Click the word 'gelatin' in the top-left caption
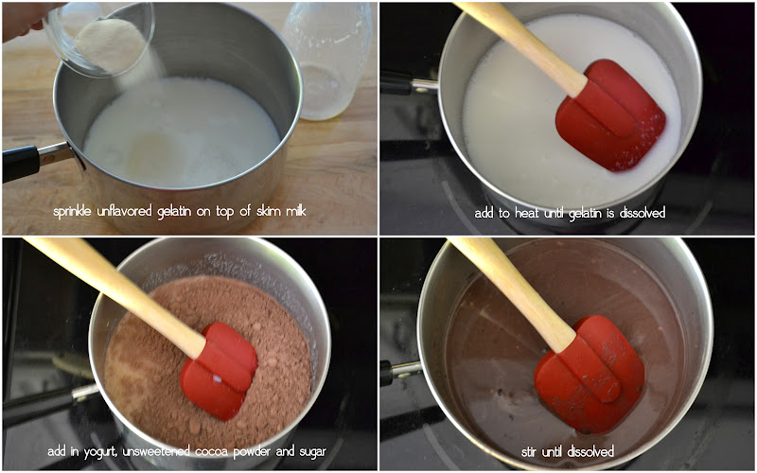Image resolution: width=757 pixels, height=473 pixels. pyautogui.click(x=175, y=212)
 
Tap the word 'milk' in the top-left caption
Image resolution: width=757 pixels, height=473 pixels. pyautogui.click(x=295, y=211)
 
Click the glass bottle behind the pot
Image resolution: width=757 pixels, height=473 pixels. pyautogui.click(x=328, y=61)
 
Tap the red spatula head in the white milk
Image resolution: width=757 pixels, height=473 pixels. pyautogui.click(x=610, y=114)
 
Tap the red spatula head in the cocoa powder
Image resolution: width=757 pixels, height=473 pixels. pyautogui.click(x=219, y=371)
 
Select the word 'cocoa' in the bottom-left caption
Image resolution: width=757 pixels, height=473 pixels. pyautogui.click(x=214, y=452)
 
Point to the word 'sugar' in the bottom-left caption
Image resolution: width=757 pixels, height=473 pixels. pyautogui.click(x=312, y=453)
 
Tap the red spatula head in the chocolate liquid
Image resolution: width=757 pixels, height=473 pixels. pyautogui.click(x=589, y=375)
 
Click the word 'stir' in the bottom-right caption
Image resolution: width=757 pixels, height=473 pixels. pyautogui.click(x=530, y=452)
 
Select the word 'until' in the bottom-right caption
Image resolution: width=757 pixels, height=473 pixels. pyautogui.click(x=554, y=452)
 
